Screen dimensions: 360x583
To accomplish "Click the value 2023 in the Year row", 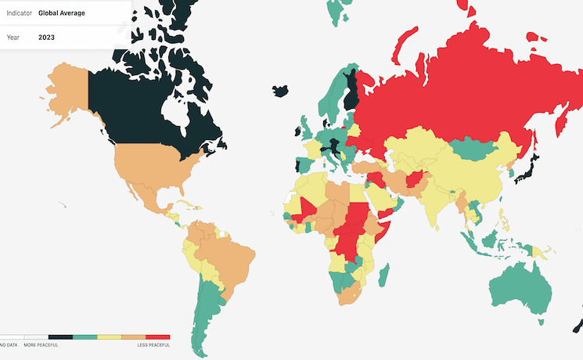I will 48,36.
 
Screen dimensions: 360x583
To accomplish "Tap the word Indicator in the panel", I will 19,13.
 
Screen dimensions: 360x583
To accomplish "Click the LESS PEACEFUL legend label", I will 153,345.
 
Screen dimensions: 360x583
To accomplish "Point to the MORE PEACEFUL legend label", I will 40,345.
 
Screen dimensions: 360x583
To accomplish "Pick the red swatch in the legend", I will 157,337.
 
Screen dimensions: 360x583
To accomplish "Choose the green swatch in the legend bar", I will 85,337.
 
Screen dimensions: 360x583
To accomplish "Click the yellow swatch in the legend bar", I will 109,337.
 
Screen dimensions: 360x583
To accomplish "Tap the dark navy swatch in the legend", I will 60,337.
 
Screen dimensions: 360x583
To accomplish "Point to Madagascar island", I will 383,275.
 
